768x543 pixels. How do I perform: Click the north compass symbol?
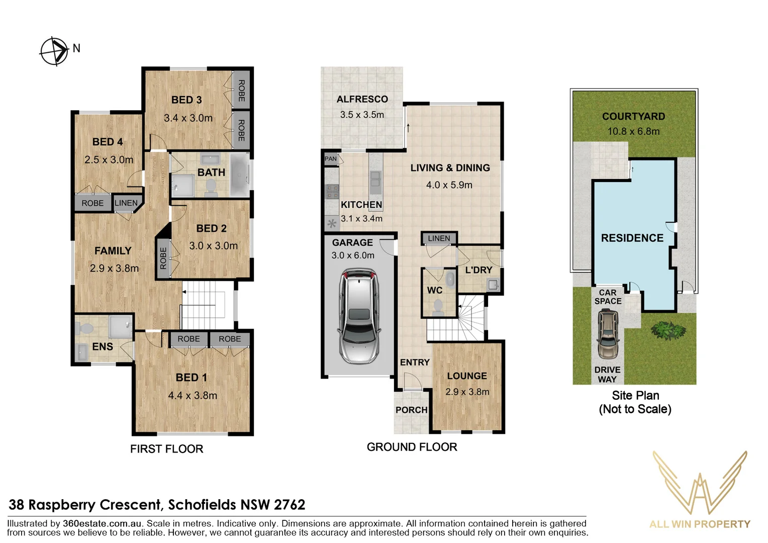tap(54, 51)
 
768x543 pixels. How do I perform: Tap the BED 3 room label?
tap(186, 100)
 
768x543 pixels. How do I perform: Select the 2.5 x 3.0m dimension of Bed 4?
tap(109, 160)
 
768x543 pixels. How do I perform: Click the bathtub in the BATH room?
tap(240, 175)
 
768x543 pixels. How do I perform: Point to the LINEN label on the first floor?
tap(126, 203)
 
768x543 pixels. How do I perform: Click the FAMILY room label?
tap(113, 251)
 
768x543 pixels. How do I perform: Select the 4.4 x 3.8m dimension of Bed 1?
tap(193, 396)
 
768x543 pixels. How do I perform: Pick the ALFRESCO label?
tap(362, 100)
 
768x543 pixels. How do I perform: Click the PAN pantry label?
tap(331, 159)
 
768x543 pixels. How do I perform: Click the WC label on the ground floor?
tap(434, 290)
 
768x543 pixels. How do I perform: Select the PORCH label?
tap(411, 410)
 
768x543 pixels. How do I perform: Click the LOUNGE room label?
tap(467, 376)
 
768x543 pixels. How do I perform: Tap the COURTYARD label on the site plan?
tap(633, 117)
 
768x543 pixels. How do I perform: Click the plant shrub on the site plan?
tap(668, 330)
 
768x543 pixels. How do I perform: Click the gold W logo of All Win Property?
tap(700, 483)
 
